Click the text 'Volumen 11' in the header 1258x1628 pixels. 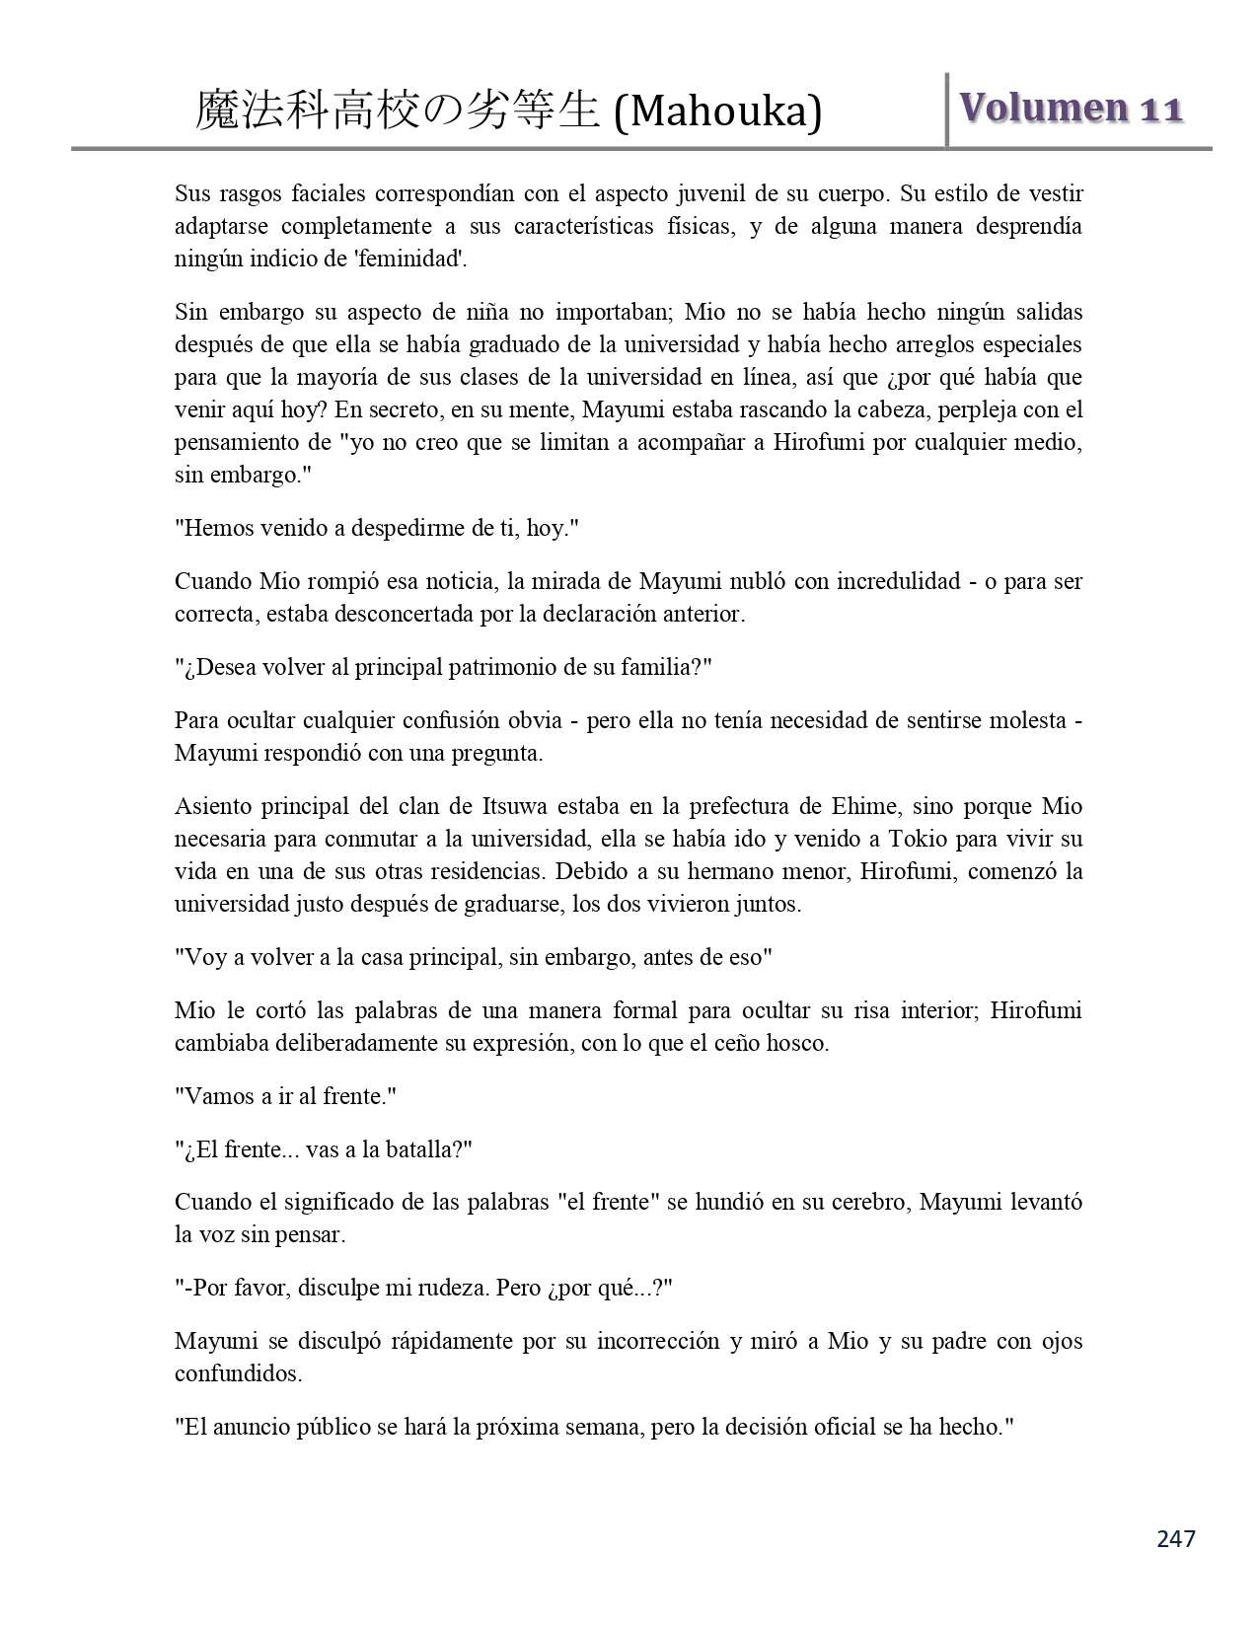pos(1071,108)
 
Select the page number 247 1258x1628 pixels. pos(1175,1538)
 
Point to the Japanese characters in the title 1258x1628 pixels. pos(397,111)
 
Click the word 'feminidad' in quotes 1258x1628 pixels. pos(418,259)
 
